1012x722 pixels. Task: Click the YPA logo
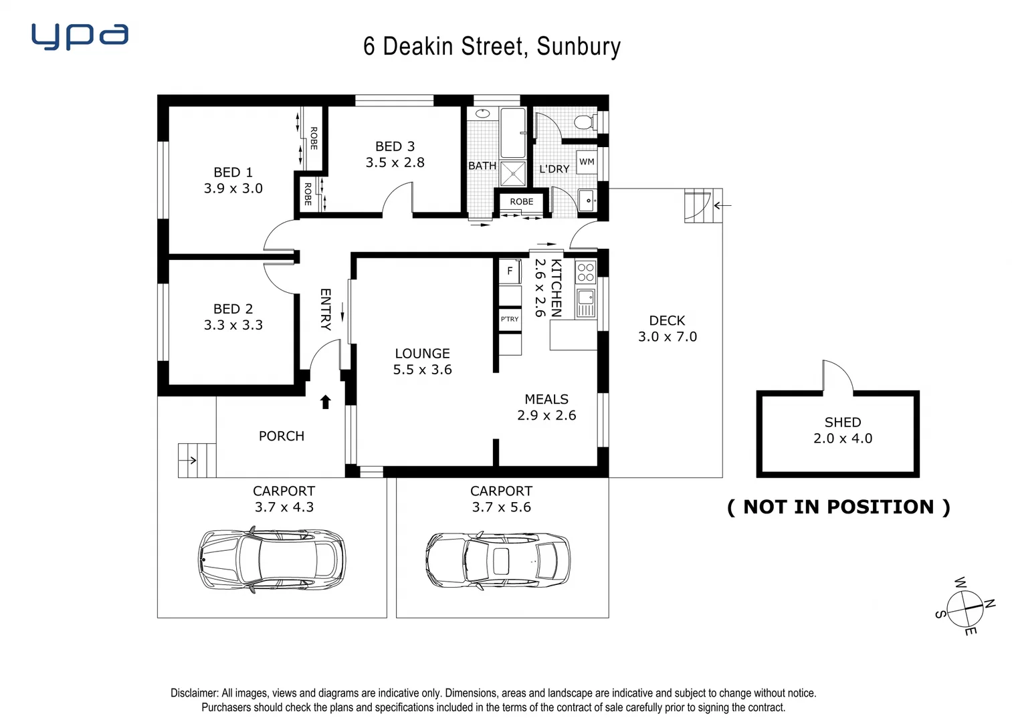pyautogui.click(x=80, y=36)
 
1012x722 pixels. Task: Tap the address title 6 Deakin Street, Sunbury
pyautogui.click(x=492, y=46)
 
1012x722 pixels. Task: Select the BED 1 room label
pyautogui.click(x=233, y=172)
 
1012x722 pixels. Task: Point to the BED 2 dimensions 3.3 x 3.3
pyautogui.click(x=233, y=326)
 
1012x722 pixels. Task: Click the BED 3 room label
pyautogui.click(x=395, y=146)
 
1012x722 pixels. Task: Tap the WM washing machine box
pyautogui.click(x=587, y=162)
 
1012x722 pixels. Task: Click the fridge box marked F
pyautogui.click(x=510, y=271)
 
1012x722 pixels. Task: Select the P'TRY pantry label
pyautogui.click(x=510, y=319)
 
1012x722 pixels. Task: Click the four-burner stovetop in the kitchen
pyautogui.click(x=585, y=272)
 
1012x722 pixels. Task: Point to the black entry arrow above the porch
pyautogui.click(x=326, y=402)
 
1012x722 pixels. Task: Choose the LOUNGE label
pyautogui.click(x=422, y=354)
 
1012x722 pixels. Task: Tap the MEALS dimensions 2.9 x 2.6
pyautogui.click(x=546, y=415)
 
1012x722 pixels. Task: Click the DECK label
pyautogui.click(x=667, y=321)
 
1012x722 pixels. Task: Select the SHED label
pyautogui.click(x=842, y=423)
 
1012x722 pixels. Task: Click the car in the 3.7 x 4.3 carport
pyautogui.click(x=272, y=560)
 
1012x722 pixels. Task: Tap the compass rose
pyautogui.click(x=966, y=606)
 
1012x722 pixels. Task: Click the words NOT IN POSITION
pyautogui.click(x=838, y=507)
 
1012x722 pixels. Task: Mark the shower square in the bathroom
pyautogui.click(x=513, y=173)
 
